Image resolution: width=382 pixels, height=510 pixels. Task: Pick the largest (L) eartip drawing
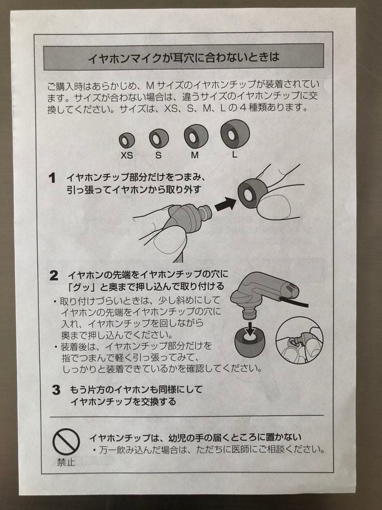tap(234, 134)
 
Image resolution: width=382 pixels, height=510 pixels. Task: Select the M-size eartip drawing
tap(196, 136)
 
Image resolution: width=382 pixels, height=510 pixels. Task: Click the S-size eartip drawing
tap(159, 138)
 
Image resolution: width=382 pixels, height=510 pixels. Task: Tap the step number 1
tap(53, 178)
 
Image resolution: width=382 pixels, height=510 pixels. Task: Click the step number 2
tap(54, 276)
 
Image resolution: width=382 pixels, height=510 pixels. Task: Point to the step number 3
tap(56, 391)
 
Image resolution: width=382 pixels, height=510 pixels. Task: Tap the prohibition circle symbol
tap(66, 442)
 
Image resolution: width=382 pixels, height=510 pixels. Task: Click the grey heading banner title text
tap(183, 58)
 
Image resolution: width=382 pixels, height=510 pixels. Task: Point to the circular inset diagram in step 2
tap(299, 340)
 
